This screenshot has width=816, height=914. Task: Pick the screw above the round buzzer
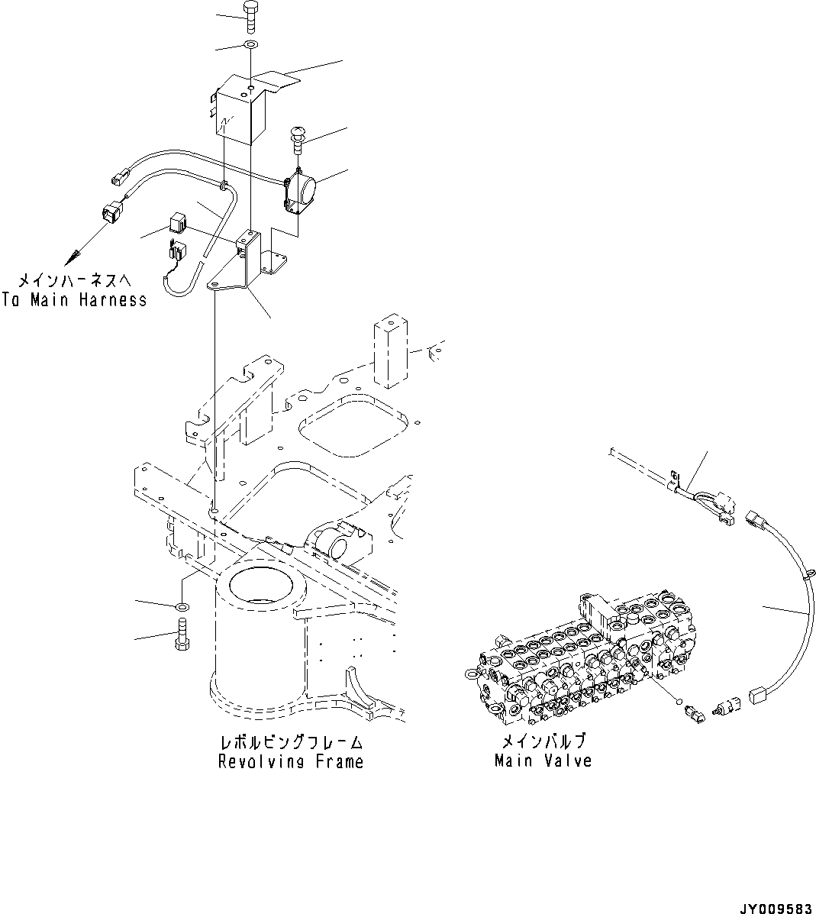298,141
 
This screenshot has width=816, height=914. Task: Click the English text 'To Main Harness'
74,300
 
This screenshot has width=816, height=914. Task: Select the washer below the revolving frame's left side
182,606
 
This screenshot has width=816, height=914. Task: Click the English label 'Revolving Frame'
290,761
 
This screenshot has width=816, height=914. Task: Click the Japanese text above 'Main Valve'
543,741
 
